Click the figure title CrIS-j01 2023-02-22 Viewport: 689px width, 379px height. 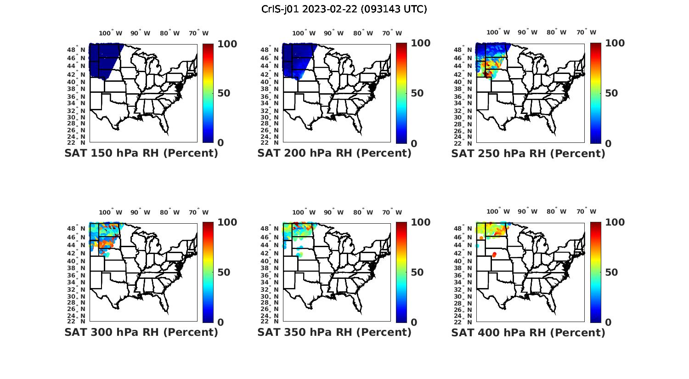[344, 9]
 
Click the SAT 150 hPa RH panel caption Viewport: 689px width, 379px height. [141, 153]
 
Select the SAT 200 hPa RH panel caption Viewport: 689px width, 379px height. [334, 153]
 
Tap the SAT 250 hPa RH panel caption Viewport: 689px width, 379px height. [528, 153]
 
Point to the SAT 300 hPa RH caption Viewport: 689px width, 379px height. [141, 332]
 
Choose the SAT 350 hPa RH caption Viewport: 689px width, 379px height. [334, 332]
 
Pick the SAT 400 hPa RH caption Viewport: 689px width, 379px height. [528, 332]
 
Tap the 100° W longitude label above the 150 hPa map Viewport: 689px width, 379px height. [111, 33]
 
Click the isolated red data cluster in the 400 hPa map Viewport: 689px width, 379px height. [494, 255]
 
